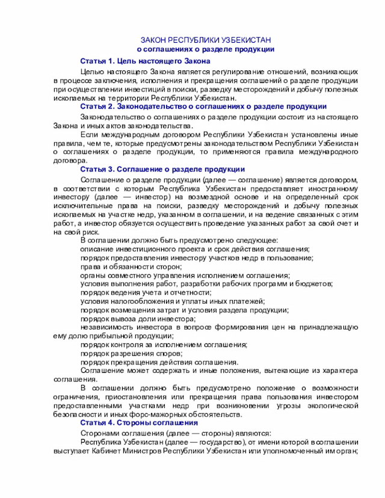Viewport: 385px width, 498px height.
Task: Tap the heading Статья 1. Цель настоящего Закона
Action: point(145,61)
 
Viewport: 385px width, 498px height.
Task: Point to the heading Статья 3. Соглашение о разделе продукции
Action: point(162,169)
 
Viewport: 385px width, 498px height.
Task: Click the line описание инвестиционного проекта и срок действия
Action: point(195,248)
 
